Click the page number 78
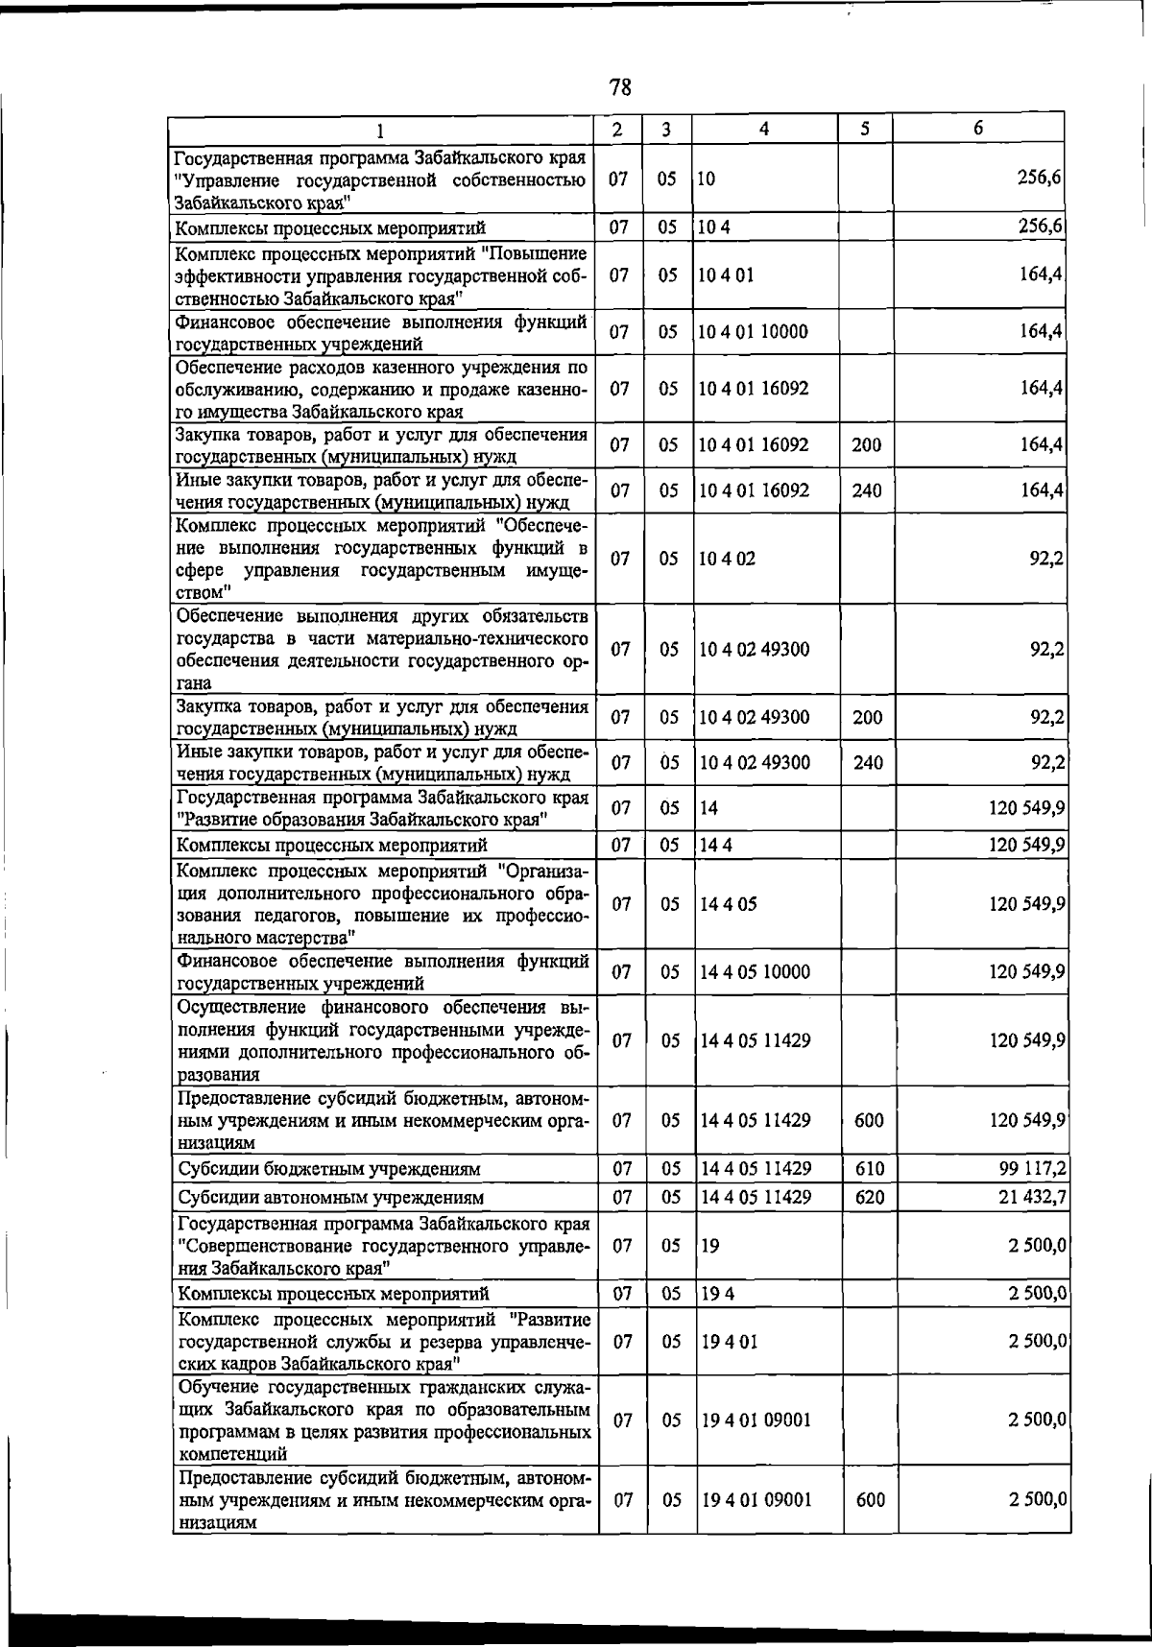(x=620, y=88)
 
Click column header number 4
(x=763, y=129)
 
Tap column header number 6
(x=977, y=129)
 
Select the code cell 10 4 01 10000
(x=754, y=332)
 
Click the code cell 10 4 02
(x=727, y=559)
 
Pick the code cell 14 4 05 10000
(x=755, y=972)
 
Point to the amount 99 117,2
(x=1032, y=1169)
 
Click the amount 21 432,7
(x=1033, y=1198)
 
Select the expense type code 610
(x=869, y=1169)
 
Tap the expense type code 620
(x=869, y=1198)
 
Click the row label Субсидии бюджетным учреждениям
(x=329, y=1170)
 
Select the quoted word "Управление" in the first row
(x=229, y=180)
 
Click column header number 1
(x=381, y=130)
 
